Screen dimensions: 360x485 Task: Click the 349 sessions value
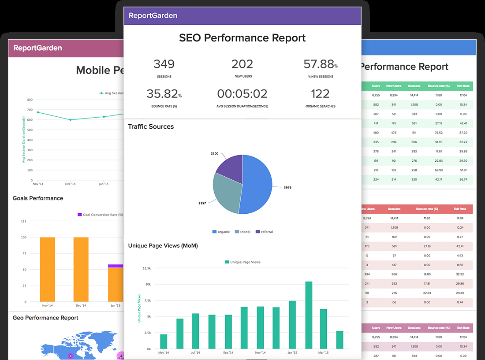[164, 64]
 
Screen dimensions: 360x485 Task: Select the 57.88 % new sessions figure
[318, 64]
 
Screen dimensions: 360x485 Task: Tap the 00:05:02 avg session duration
[242, 94]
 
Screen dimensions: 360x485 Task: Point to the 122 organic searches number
[320, 94]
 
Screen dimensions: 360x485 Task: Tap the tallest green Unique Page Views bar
[309, 315]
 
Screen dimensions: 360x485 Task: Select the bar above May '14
[164, 341]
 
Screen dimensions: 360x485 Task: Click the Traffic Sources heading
[151, 126]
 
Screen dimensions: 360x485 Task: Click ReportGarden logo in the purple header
[153, 15]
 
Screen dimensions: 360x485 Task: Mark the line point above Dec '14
[71, 119]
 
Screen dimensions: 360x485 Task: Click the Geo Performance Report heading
[45, 318]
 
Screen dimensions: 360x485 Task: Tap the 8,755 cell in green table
[376, 95]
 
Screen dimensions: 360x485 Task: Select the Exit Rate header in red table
[460, 209]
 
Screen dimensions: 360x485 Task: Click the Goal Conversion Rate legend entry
[100, 215]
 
